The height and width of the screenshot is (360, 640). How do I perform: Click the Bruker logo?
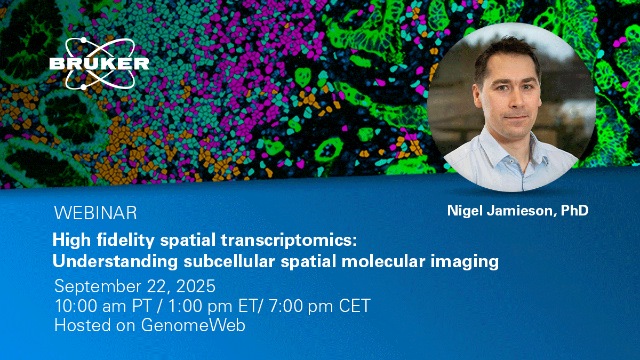coord(99,63)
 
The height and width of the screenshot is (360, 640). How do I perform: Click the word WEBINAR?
coord(95,213)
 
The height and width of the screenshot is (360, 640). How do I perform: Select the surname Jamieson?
coord(522,211)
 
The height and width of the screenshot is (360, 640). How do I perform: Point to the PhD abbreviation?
coord(574,210)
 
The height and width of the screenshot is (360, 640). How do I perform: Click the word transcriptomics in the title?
coord(289,241)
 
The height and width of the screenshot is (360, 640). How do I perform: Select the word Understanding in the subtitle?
coord(115,261)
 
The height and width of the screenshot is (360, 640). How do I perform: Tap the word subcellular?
coord(229,261)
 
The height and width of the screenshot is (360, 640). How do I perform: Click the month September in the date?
coord(98,286)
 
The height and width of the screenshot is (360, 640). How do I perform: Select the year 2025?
coord(196,286)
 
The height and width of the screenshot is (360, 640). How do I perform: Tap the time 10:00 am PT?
coord(103,306)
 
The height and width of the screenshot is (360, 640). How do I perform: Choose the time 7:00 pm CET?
coord(320,306)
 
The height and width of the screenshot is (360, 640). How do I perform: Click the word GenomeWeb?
coord(193,325)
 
